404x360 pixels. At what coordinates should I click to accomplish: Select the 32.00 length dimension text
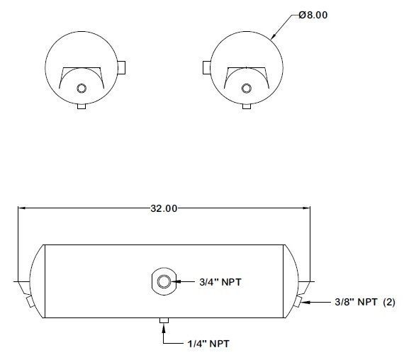click(163, 208)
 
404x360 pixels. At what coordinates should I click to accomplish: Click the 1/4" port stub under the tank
click(163, 322)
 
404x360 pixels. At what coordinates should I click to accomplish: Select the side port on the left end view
click(122, 67)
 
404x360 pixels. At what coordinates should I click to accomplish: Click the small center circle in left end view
click(81, 88)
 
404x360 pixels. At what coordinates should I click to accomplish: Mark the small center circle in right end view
click(246, 88)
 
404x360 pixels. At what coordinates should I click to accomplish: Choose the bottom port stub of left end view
click(81, 106)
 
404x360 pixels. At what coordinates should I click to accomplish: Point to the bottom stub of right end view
click(246, 106)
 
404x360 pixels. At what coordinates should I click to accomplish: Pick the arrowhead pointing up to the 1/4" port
click(163, 330)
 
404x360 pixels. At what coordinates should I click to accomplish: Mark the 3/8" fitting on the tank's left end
click(29, 303)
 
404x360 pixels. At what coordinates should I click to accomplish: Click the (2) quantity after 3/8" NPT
click(388, 303)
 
